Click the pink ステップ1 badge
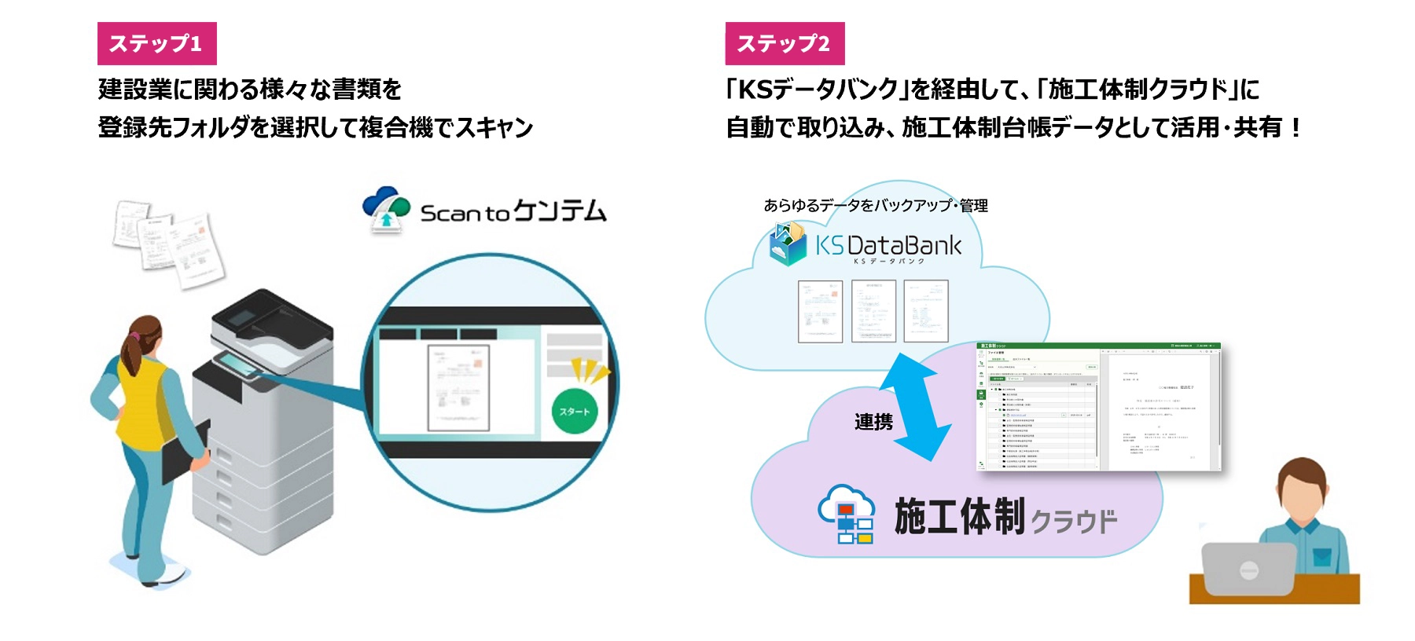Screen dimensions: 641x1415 [156, 43]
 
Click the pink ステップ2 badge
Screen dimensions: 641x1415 [785, 43]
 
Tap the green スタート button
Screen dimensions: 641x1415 [575, 411]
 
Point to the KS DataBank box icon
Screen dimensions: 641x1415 [788, 244]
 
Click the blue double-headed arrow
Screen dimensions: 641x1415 [916, 406]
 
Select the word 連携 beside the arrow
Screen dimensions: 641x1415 [873, 423]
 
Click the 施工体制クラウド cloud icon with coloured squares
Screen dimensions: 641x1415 [846, 515]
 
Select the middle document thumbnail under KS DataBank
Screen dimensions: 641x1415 [873, 311]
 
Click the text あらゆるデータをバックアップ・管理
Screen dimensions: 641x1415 [876, 206]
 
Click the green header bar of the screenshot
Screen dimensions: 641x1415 [1098, 346]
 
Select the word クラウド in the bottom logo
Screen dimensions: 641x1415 [1074, 522]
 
